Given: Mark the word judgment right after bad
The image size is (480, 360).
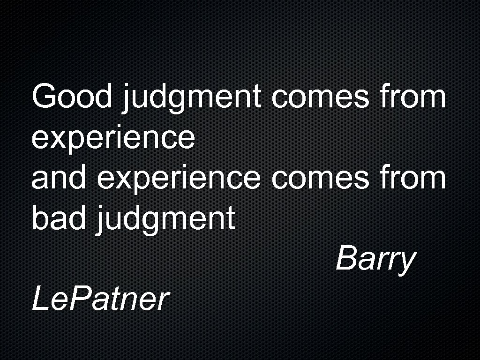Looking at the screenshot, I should click(165, 220).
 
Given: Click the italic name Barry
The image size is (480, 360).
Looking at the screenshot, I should click(375, 260).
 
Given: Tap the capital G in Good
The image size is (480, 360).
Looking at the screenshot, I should click(44, 97).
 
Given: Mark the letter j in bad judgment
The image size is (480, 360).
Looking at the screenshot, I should click(101, 220).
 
